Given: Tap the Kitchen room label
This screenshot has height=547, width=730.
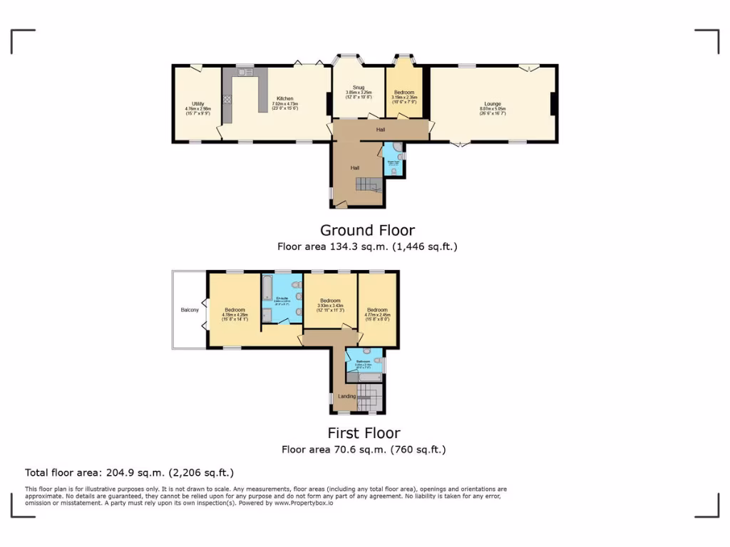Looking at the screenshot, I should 284,99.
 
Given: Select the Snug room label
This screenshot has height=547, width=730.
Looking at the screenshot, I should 359,88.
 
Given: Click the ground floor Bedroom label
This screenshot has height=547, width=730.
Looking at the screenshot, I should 404,92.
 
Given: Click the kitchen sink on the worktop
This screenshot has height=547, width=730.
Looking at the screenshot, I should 245,72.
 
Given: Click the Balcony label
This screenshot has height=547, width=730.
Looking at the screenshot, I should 189,310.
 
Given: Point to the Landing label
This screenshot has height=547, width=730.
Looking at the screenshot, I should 346,396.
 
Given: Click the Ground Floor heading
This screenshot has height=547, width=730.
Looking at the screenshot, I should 366,230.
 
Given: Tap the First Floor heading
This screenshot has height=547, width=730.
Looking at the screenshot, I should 364,432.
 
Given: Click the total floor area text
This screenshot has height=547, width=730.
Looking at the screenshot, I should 129,472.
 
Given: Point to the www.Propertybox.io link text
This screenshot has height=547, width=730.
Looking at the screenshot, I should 303,503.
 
